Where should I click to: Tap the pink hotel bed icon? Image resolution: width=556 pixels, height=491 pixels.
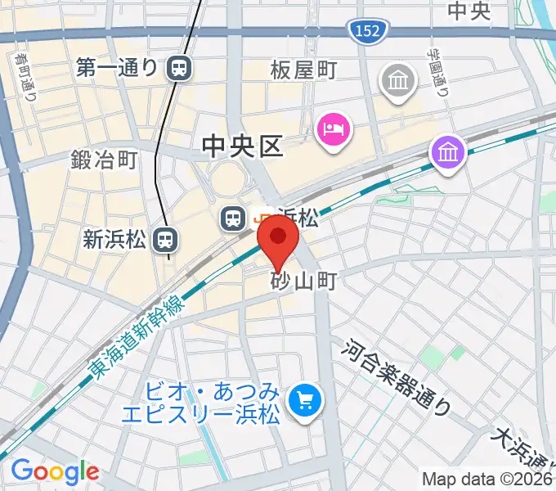[334, 129]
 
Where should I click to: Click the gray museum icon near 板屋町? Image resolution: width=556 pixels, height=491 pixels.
[398, 82]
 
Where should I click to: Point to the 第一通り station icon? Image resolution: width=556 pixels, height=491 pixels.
[177, 68]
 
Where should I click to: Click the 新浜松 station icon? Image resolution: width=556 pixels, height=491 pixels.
[166, 240]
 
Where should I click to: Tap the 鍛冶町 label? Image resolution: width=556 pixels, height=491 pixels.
[104, 159]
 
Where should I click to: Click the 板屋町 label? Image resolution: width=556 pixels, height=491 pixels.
[304, 71]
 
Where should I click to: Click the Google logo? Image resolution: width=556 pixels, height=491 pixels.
[55, 471]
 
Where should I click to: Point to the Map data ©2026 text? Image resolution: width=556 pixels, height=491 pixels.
[486, 479]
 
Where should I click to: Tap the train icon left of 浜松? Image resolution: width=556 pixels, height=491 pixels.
[232, 218]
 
